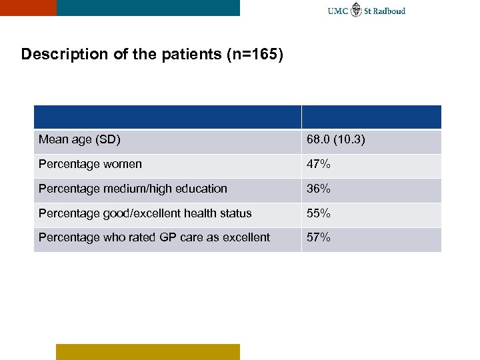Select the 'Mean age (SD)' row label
pos(79,140)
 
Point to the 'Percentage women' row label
pos(90,164)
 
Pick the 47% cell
pos(318,164)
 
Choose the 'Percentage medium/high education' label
pos(133,189)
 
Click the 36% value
pos(318,189)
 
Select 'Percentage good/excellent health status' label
pos(145,213)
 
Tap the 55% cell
pos(318,213)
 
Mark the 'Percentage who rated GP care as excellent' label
pos(154,237)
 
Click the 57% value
pos(318,237)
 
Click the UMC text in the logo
pos(338,11)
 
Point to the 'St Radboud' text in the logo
pos(385,11)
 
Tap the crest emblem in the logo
pos(357,9)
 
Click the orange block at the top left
pos(28,7)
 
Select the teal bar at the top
pos(148,7)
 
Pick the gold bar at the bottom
pos(147,351)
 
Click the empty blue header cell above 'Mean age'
pos(167,117)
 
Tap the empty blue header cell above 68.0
pos(371,117)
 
